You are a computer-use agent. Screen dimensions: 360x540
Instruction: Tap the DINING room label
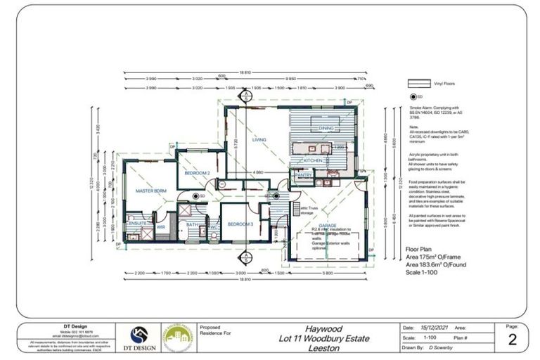[326, 129]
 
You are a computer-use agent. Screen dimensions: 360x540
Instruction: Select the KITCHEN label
[313, 160]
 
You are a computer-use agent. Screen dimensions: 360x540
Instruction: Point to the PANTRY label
[303, 175]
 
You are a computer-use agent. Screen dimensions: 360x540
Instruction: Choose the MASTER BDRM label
[151, 191]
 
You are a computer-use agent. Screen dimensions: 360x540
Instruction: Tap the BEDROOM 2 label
[198, 172]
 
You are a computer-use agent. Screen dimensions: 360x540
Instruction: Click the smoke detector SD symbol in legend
[413, 96]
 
